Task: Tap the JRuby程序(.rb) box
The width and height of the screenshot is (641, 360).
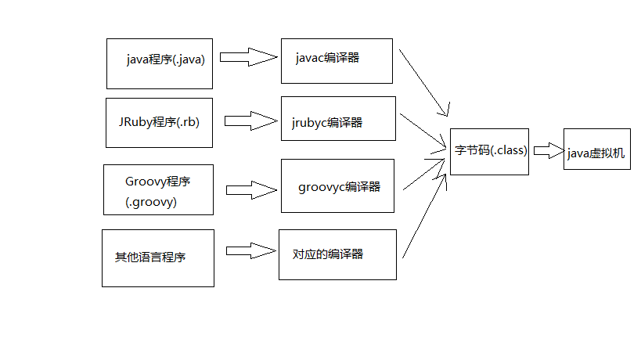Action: click(x=159, y=124)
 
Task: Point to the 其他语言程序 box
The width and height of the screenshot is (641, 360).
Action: click(x=157, y=257)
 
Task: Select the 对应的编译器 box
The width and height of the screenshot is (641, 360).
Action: click(x=337, y=254)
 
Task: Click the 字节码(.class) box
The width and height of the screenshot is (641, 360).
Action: click(x=490, y=151)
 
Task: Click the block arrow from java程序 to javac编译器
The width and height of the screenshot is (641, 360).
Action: click(x=248, y=57)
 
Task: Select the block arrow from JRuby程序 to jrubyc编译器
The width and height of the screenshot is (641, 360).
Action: click(x=251, y=121)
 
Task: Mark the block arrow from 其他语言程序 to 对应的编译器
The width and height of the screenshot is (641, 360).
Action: click(x=252, y=251)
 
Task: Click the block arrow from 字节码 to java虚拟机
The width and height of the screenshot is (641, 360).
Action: click(x=548, y=150)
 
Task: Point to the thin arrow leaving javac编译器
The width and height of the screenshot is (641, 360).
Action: click(x=423, y=82)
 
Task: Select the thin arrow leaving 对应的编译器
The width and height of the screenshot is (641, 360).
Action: click(x=424, y=217)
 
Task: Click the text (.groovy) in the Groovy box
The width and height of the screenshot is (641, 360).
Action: click(x=150, y=201)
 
